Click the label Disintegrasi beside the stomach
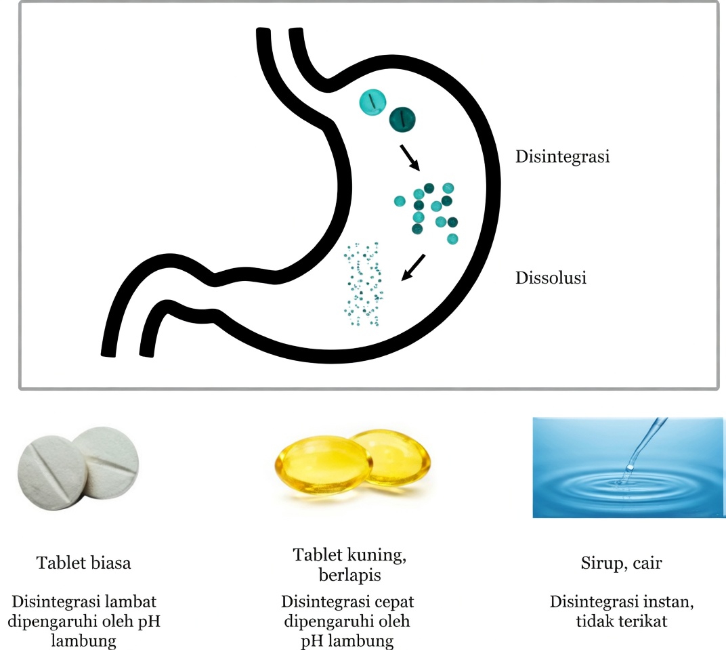point(563,157)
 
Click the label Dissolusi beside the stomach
point(551,278)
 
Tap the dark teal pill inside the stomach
point(402,119)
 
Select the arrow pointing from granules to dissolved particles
point(413,267)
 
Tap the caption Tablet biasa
point(83,563)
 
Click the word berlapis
point(347,575)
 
